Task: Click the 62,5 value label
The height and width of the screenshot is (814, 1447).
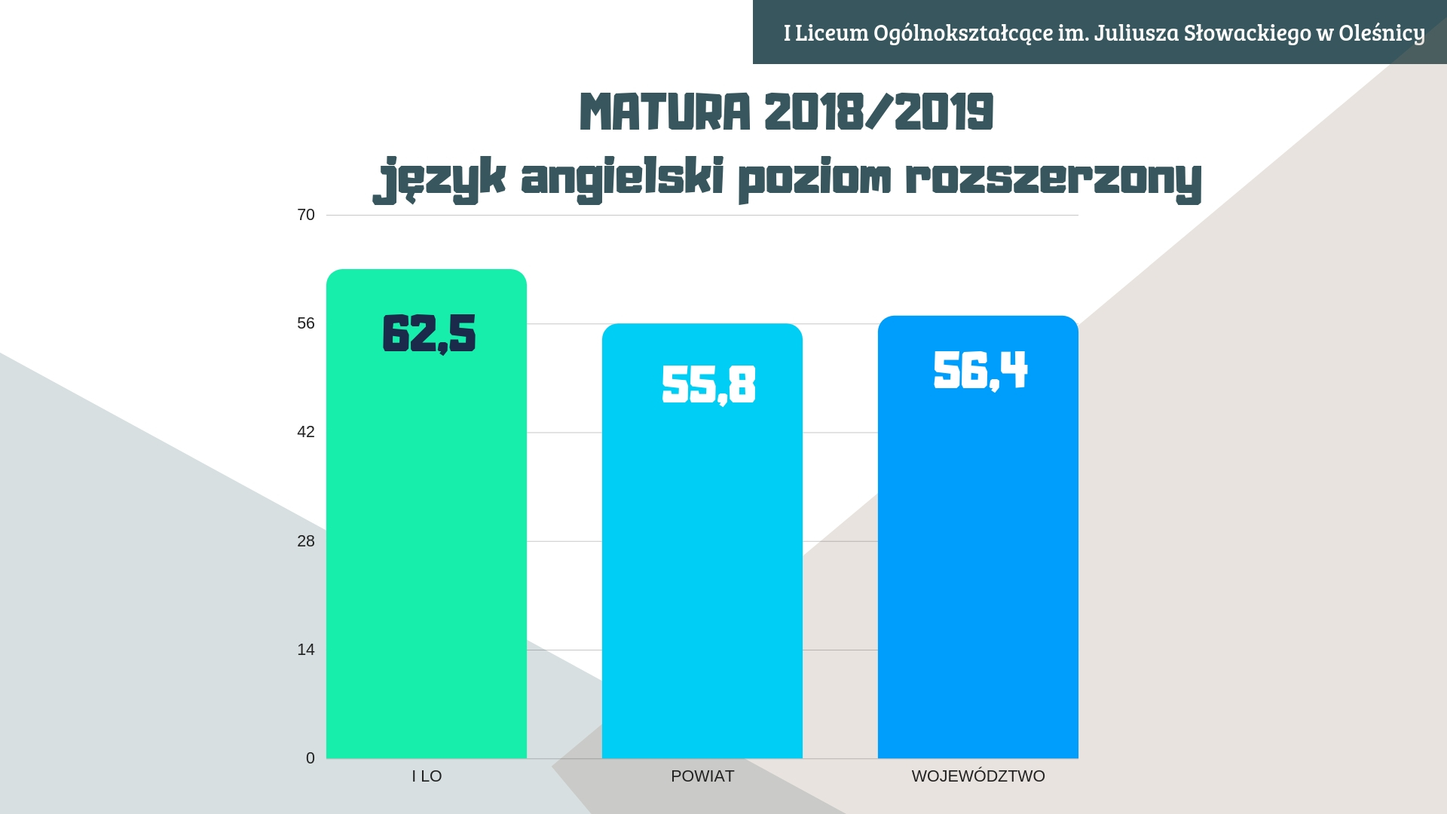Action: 429,334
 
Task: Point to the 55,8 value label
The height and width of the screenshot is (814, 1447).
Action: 708,385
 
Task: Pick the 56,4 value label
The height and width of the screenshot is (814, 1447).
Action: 980,371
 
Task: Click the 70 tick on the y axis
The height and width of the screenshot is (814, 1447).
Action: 306,216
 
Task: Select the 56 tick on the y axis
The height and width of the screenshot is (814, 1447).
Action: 306,324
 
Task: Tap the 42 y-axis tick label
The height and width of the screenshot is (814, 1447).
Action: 306,433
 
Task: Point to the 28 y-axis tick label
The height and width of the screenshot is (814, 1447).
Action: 306,541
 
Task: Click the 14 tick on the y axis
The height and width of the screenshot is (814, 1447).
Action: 306,650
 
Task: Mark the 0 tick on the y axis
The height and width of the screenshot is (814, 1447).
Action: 310,758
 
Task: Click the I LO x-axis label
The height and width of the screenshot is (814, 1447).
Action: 427,776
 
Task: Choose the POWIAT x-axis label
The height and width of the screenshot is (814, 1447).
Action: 702,776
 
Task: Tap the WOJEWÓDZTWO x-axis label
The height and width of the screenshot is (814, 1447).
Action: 978,776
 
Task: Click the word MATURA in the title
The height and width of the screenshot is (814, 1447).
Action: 665,113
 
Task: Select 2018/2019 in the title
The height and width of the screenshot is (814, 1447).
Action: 879,113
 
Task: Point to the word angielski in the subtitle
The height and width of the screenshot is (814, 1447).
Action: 623,179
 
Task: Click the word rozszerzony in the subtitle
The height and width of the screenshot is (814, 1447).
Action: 1054,179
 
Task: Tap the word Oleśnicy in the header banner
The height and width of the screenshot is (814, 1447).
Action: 1381,33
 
